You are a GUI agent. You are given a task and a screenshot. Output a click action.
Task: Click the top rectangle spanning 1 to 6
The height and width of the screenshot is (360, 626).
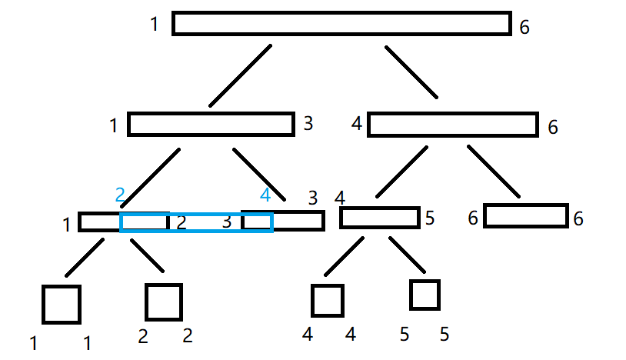pyautogui.click(x=341, y=24)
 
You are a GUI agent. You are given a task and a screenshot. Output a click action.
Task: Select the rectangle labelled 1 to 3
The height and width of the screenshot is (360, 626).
pyautogui.click(x=211, y=125)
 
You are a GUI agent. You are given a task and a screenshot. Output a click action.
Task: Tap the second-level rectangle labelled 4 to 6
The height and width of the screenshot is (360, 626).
pyautogui.click(x=452, y=125)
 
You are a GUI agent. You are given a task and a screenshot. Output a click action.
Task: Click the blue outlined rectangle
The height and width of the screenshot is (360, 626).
pyautogui.click(x=196, y=223)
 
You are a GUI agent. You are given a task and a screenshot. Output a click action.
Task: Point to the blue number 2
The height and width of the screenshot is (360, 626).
pyautogui.click(x=120, y=195)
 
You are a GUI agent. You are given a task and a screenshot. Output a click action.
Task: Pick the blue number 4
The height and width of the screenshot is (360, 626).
pyautogui.click(x=265, y=195)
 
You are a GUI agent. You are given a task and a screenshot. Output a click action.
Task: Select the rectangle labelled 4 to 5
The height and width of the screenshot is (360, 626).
pyautogui.click(x=380, y=218)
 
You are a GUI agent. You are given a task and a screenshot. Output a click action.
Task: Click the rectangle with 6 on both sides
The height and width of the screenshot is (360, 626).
pyautogui.click(x=525, y=216)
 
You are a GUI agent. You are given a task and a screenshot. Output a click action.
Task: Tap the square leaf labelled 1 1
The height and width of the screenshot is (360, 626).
pyautogui.click(x=62, y=304)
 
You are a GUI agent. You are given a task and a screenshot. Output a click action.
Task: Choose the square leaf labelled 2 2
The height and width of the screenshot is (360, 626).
pyautogui.click(x=164, y=302)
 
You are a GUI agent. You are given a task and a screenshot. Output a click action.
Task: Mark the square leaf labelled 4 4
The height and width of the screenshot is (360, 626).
pyautogui.click(x=328, y=301)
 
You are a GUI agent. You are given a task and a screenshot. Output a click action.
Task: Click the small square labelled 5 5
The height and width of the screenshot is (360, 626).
pyautogui.click(x=425, y=295)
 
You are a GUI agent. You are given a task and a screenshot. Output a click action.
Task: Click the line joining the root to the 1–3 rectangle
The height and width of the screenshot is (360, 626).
pyautogui.click(x=240, y=75)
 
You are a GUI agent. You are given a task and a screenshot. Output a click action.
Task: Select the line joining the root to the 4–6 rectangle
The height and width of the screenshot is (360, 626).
pyautogui.click(x=411, y=73)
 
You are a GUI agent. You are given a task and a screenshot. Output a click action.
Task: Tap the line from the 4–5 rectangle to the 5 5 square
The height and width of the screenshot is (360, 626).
pyautogui.click(x=407, y=254)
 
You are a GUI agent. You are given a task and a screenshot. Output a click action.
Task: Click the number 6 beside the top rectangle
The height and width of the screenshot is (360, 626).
pyautogui.click(x=524, y=28)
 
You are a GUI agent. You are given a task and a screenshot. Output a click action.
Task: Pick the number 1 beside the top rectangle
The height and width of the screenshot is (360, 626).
pyautogui.click(x=155, y=25)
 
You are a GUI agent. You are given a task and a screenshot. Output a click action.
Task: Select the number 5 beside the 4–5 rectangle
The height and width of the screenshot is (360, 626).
pyautogui.click(x=431, y=218)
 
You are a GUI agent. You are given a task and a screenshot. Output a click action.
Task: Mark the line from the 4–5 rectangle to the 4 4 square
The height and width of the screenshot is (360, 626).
pyautogui.click(x=344, y=255)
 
